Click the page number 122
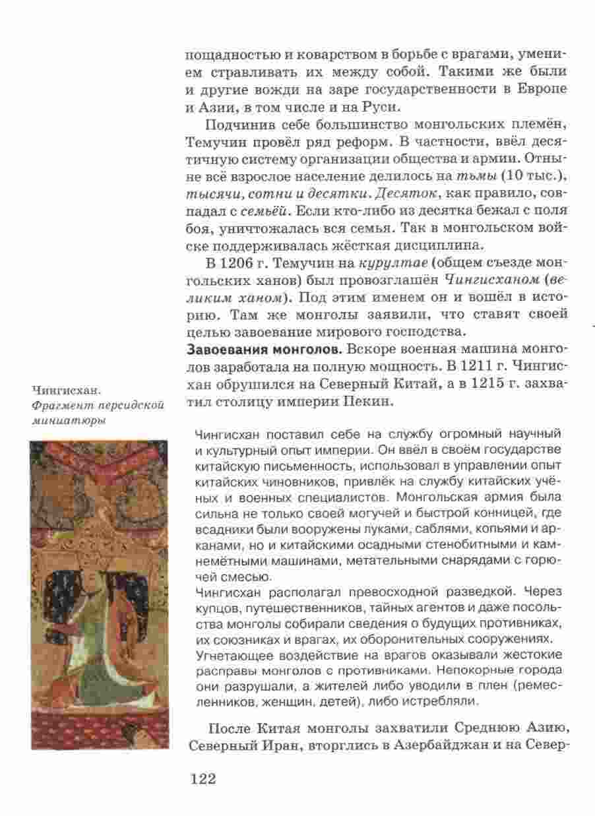[203, 779]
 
